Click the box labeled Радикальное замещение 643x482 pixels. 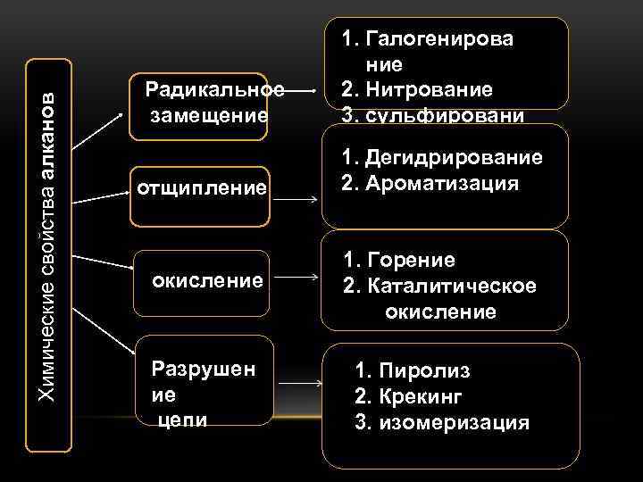point(199,105)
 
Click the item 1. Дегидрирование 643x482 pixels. point(441,158)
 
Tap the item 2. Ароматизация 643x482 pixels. point(430,184)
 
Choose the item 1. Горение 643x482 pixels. point(399,260)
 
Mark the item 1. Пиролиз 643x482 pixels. point(412,370)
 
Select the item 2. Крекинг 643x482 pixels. point(408,395)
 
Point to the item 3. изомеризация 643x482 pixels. point(441,421)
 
